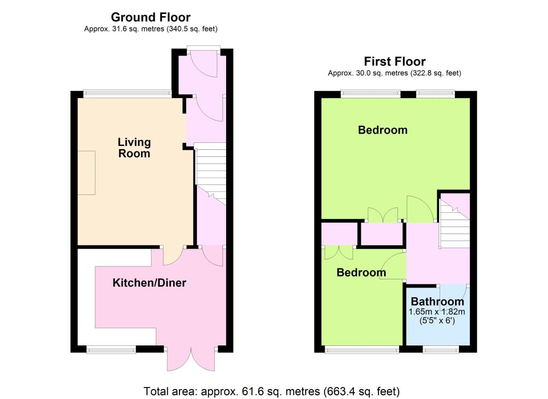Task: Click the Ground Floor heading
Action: tap(151, 17)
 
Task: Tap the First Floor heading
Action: tap(394, 61)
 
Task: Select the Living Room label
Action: tap(134, 148)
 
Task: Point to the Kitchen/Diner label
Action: tap(149, 283)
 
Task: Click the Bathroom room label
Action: tap(437, 301)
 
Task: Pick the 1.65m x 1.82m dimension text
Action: tap(437, 312)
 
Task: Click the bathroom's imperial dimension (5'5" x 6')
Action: tap(437, 321)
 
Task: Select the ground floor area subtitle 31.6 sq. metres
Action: tap(151, 29)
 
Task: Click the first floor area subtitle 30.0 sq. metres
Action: tap(394, 73)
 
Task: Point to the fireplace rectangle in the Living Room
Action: tap(86, 173)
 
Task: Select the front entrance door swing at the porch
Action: tap(204, 64)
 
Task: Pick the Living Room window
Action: tap(127, 94)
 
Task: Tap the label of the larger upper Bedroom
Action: tap(383, 130)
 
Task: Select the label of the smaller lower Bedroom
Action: tap(361, 272)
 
